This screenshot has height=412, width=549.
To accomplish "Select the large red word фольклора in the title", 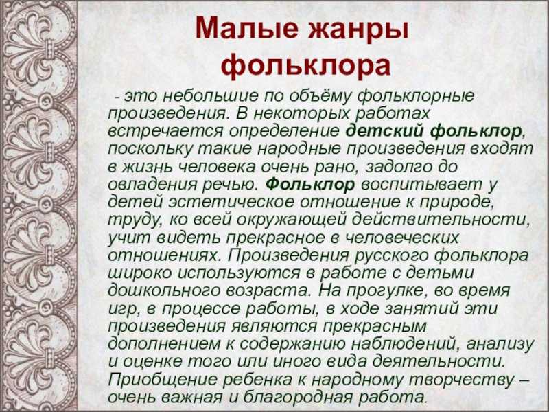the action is pyautogui.click(x=305, y=67).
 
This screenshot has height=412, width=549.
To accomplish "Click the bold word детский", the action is pyautogui.click(x=384, y=131).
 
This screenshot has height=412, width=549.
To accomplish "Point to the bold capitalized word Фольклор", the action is pyautogui.click(x=310, y=184).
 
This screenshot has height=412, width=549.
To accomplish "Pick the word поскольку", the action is pyautogui.click(x=150, y=149).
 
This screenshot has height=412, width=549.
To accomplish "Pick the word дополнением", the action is pyautogui.click(x=164, y=344).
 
